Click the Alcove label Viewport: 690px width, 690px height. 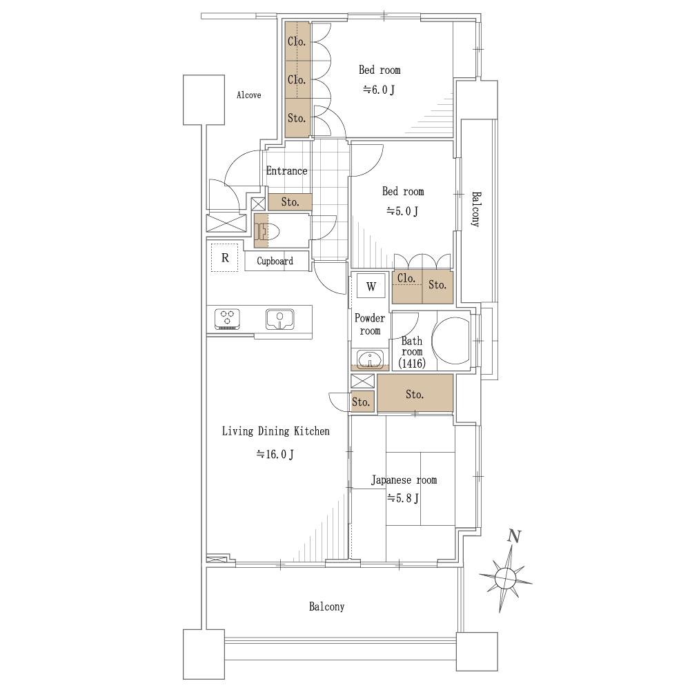[248, 95]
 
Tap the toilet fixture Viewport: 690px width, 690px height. [266, 231]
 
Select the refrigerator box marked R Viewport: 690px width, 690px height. [225, 258]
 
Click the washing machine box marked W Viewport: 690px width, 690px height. [371, 287]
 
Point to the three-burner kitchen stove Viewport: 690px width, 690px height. [227, 319]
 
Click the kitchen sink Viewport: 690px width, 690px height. [280, 319]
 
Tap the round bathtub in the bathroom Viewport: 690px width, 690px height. [451, 341]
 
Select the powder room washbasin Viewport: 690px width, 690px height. [370, 358]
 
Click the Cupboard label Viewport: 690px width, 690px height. [275, 261]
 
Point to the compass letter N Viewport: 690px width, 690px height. [514, 536]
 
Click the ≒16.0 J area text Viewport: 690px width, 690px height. [275, 454]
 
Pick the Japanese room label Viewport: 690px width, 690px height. [404, 480]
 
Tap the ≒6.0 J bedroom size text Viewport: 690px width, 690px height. [379, 90]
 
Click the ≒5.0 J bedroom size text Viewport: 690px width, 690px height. [402, 211]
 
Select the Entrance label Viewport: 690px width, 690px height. [286, 170]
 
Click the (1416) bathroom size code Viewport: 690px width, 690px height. [412, 364]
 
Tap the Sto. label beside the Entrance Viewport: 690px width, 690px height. [290, 202]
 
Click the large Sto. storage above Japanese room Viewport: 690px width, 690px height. [415, 393]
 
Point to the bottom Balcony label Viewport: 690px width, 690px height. [326, 607]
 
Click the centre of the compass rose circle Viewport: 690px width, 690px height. [506, 577]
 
